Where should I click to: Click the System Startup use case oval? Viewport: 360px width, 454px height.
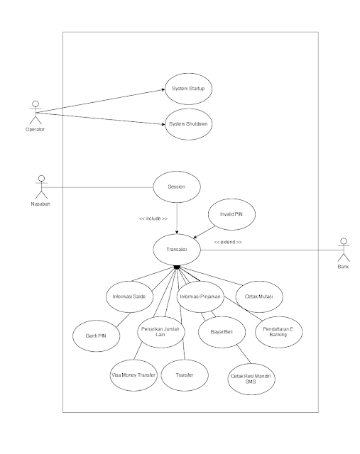[188, 90]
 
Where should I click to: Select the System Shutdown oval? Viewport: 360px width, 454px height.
[188, 125]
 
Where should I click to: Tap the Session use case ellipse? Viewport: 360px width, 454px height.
[177, 187]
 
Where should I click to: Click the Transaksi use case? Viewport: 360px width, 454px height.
[177, 248]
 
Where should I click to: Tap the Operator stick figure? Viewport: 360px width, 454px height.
[34, 112]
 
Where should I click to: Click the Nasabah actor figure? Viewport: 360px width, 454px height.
[41, 187]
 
